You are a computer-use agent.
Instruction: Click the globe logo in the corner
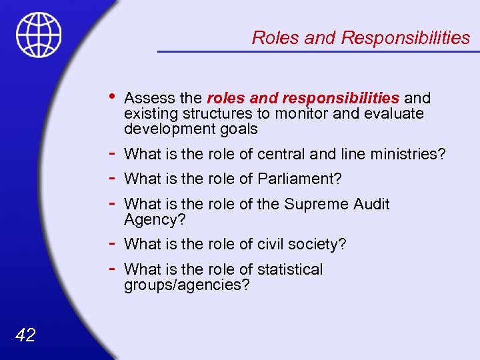pyautogui.click(x=39, y=34)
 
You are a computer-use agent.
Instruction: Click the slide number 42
pyautogui.click(x=25, y=335)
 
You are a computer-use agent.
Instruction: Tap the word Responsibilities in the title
pyautogui.click(x=405, y=38)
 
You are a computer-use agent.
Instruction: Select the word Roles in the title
pyautogui.click(x=275, y=38)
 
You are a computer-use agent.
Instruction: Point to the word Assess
pyautogui.click(x=145, y=99)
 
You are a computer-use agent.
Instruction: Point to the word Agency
pyautogui.click(x=151, y=219)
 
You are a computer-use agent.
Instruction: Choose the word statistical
pyautogui.click(x=287, y=269)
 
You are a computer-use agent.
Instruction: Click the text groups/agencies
pyautogui.click(x=187, y=285)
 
